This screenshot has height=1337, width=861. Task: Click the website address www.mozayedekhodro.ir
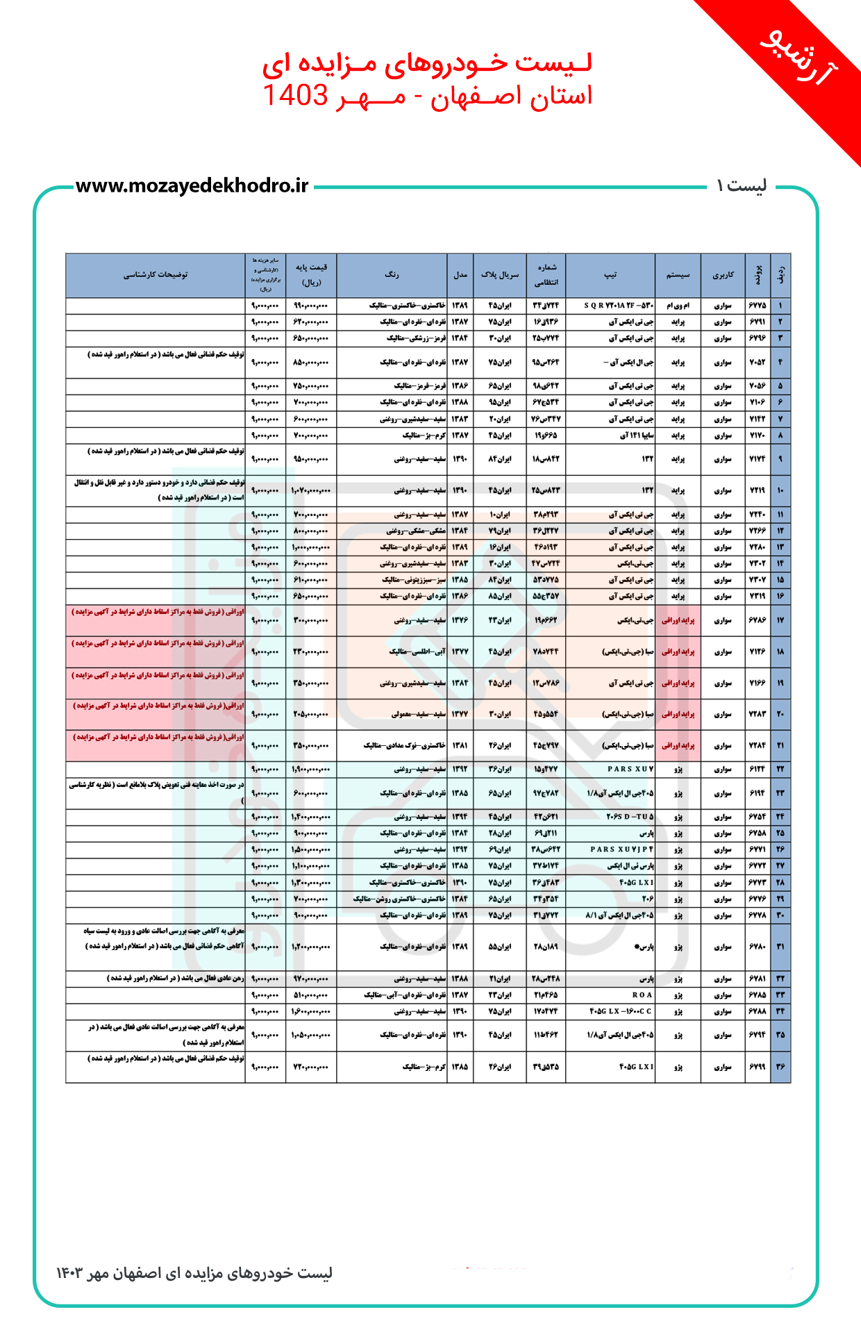click(x=192, y=186)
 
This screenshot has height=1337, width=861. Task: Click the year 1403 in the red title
click(x=295, y=95)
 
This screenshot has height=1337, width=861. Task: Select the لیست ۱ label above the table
click(x=741, y=186)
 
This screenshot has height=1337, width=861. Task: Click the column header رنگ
click(x=392, y=275)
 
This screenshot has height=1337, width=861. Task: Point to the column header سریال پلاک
click(x=500, y=275)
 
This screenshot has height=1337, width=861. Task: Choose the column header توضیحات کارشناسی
click(x=156, y=275)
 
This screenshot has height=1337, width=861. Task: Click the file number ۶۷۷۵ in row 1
click(x=757, y=306)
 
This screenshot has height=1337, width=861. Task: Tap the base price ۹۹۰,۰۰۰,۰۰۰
click(x=310, y=306)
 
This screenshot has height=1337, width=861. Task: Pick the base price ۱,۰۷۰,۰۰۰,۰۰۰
click(x=310, y=490)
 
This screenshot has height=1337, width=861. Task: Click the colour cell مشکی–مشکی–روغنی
click(x=416, y=531)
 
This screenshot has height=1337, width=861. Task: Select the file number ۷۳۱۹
click(x=757, y=597)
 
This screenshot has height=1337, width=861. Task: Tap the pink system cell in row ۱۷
click(x=678, y=620)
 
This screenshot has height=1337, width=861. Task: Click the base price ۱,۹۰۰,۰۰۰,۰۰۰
click(x=310, y=770)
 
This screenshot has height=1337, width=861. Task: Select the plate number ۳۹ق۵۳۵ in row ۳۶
click(x=546, y=1067)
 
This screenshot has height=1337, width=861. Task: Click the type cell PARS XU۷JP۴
click(x=622, y=849)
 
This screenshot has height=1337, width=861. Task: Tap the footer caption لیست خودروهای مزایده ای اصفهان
click(x=194, y=1273)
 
